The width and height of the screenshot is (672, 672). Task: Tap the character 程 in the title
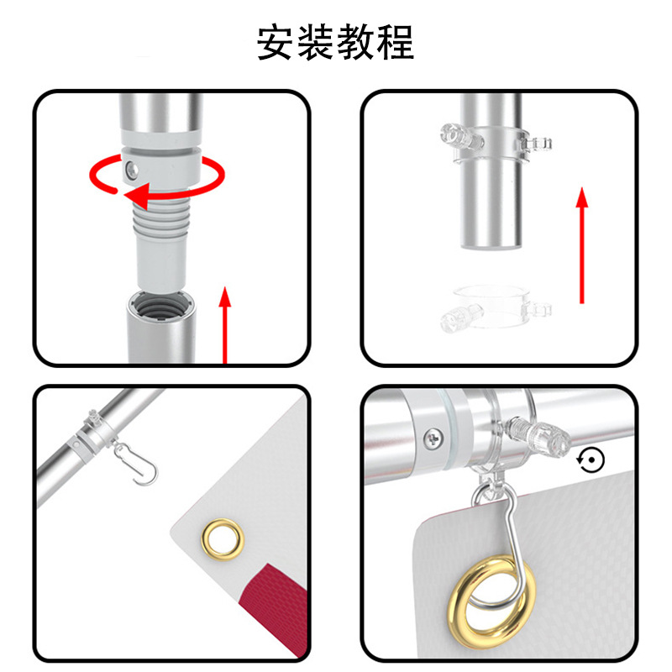click(395, 42)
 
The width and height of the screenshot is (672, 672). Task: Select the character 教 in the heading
click(355, 42)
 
